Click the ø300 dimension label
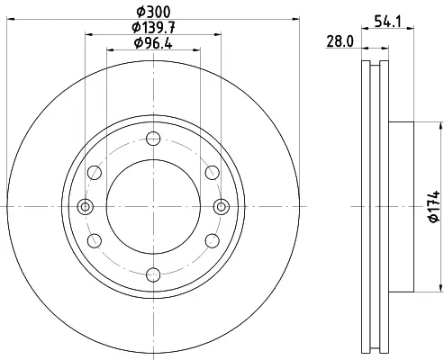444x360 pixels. point(153,12)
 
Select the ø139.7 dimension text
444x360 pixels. point(153,28)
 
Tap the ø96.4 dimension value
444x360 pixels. point(153,43)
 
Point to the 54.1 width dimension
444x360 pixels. point(388,22)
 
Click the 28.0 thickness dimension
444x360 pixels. point(340,41)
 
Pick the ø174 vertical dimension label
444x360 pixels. point(434,206)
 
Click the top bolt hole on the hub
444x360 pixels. point(153,139)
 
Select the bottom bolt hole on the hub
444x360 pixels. point(153,274)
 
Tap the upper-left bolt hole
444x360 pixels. point(95,173)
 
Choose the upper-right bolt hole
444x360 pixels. point(213,173)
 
